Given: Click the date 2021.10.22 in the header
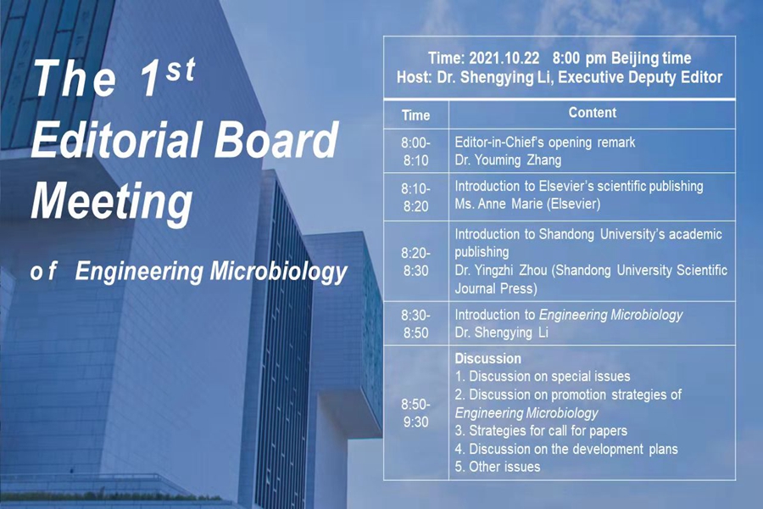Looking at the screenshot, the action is coord(504,59).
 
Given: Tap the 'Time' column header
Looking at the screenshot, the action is coord(415,115).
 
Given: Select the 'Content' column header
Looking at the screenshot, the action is coord(593,113).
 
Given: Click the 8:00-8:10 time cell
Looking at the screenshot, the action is coord(415,152).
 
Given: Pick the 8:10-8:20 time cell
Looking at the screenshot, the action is coord(415,198).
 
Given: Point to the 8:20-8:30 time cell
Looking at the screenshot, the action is coord(415,261).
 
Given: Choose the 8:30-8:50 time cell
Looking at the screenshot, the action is coord(415,324).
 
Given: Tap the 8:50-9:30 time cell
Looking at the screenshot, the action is coord(415,413).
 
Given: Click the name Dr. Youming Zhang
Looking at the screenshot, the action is coord(508,160).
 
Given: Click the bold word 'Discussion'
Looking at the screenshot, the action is coord(487,359).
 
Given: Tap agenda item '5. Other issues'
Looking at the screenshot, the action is coord(498,467).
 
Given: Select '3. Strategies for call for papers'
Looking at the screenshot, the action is coord(541,431).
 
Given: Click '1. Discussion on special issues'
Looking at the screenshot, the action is coord(543,376).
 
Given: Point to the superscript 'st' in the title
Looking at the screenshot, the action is coord(181,70).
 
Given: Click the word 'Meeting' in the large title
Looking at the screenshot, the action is coord(111,203).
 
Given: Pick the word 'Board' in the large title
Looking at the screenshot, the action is coord(276,139).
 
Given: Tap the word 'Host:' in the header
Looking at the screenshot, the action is coord(414,77).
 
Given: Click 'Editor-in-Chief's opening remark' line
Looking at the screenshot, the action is coord(545,143).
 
